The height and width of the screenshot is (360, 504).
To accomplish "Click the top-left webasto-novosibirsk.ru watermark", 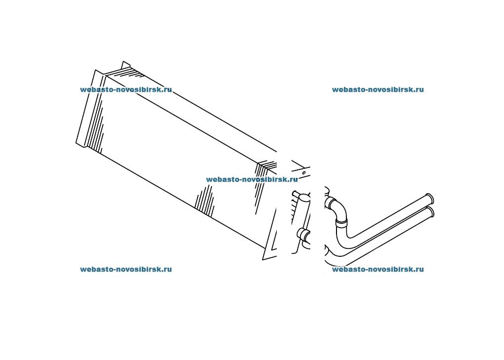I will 126,89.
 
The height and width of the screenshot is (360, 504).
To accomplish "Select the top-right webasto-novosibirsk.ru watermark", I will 378,89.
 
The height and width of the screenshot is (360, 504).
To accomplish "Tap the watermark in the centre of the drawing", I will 252,179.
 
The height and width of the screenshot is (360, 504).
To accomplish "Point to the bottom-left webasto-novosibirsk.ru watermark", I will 126,269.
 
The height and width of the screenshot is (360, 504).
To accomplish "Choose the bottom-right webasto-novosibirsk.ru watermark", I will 378,269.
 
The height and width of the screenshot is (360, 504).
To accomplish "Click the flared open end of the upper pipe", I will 430,199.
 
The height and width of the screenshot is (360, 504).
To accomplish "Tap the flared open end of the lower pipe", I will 432,212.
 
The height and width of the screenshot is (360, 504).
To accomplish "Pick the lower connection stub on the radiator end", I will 302,234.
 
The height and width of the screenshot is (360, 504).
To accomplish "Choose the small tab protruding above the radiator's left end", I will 126,64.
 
